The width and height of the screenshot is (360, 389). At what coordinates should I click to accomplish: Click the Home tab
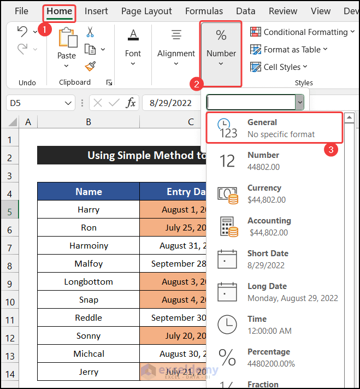59,11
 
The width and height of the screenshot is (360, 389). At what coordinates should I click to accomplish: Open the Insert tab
96,11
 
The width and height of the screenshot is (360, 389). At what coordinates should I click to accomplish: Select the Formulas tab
204,11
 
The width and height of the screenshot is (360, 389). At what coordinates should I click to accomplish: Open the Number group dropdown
221,53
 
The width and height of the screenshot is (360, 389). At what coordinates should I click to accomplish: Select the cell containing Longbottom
88,282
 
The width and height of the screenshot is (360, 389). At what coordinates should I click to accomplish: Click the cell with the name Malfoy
88,264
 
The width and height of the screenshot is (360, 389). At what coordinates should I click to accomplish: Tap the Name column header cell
88,192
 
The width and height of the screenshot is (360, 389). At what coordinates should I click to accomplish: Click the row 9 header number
9,285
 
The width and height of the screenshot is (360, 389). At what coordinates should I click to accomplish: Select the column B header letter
88,122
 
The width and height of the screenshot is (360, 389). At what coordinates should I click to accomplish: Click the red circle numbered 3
329,149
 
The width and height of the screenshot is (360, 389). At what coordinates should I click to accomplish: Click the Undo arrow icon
22,32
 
